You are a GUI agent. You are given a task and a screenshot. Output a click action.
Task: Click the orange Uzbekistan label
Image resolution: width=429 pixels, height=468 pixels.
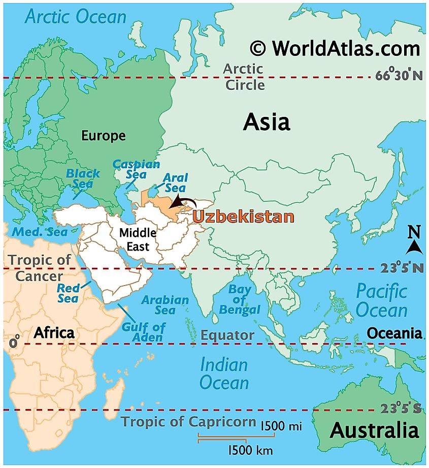point(243,216)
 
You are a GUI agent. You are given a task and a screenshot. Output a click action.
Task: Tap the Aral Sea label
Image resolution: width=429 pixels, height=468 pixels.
point(175,183)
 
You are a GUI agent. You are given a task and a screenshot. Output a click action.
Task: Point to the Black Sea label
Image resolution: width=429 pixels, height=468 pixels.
point(83,178)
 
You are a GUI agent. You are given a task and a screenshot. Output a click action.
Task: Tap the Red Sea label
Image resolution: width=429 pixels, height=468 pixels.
point(68,293)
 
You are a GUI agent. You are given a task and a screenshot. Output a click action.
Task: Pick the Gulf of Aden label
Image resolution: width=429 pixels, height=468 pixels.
point(143,332)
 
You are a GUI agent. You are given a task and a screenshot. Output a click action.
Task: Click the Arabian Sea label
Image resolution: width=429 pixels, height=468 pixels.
point(165,305)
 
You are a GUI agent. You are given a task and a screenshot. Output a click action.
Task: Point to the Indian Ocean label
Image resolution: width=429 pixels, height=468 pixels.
point(224,373)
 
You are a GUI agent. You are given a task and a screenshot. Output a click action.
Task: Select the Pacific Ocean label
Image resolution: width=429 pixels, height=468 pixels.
point(381,301)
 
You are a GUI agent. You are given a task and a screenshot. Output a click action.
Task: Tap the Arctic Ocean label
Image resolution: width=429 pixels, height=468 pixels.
point(76,17)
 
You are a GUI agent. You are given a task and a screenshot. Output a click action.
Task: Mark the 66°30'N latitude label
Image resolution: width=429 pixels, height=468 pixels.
point(399,76)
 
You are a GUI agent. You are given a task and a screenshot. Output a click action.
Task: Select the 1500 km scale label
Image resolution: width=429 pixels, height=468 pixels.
point(250,450)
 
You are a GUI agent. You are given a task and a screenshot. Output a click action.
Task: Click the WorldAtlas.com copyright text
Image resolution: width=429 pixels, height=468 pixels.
point(335,48)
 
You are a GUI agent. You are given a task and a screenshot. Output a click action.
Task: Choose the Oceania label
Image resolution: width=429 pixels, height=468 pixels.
point(394,333)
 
